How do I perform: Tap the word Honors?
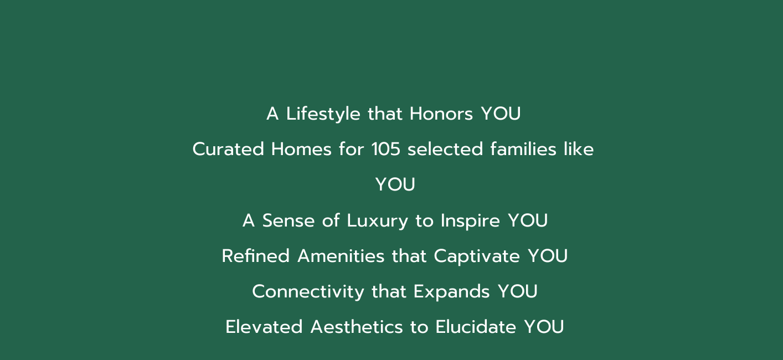[x=441, y=114]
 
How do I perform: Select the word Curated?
[x=228, y=149]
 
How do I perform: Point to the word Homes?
[x=301, y=149]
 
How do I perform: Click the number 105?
[x=385, y=149]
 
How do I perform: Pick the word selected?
[x=445, y=149]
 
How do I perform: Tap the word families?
[x=523, y=149]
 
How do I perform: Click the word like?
[x=579, y=149]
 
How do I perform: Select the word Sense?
[x=289, y=221]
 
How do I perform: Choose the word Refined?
[x=255, y=256]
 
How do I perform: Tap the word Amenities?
[x=341, y=256]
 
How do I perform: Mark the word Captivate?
[x=477, y=257]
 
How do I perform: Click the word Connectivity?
[x=308, y=292]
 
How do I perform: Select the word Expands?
[x=451, y=292]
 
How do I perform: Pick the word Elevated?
[x=264, y=327]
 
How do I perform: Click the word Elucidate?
[x=476, y=327]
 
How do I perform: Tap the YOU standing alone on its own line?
[x=395, y=184]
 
